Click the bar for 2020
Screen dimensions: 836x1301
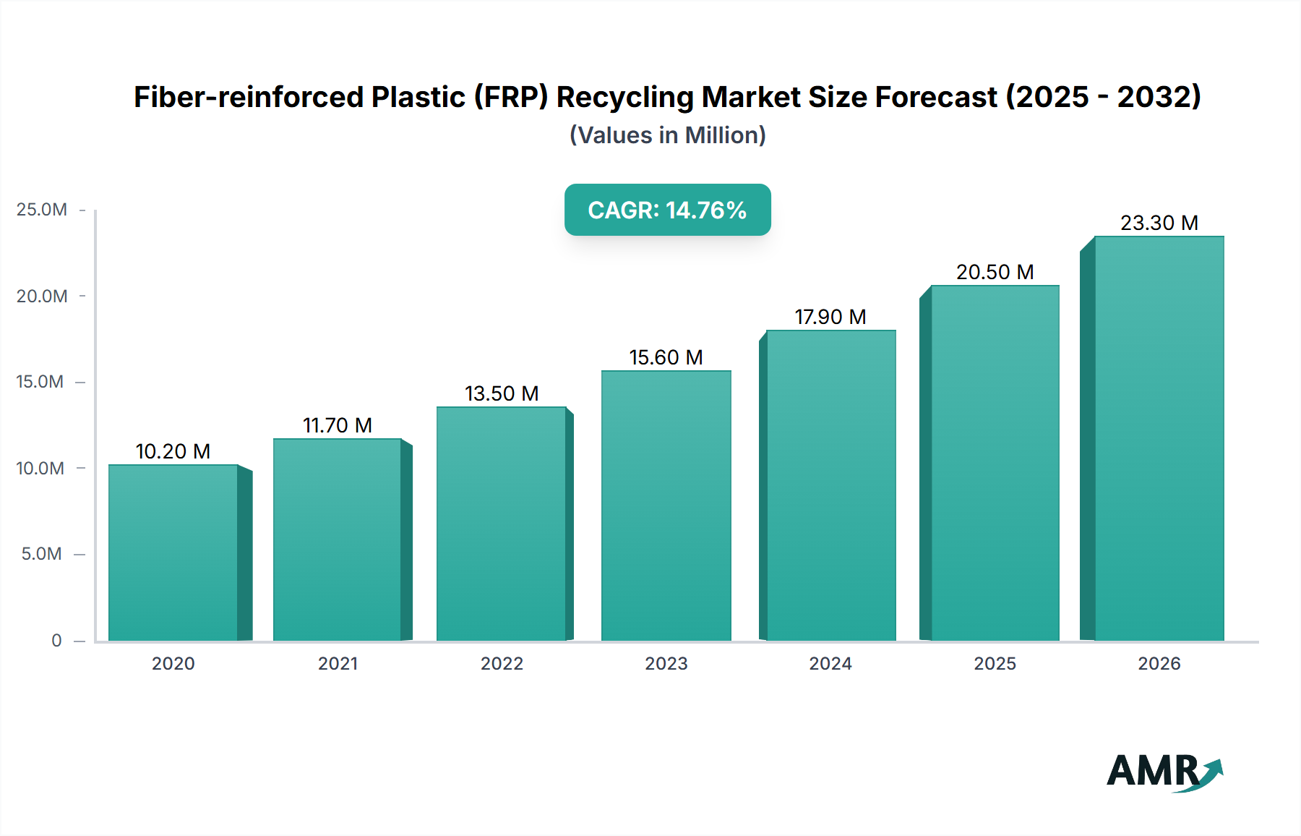click(x=173, y=553)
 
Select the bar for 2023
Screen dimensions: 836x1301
click(x=666, y=506)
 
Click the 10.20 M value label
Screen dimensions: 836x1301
click(x=173, y=451)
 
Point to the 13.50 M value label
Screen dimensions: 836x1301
click(x=502, y=393)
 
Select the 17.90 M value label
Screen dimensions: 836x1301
click(x=830, y=317)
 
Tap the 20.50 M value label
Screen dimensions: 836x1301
click(x=995, y=272)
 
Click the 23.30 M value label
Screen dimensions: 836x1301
click(x=1159, y=223)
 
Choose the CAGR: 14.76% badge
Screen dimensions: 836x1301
click(x=667, y=210)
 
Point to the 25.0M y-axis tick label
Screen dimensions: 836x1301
click(x=42, y=210)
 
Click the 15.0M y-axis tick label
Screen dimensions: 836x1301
click(x=40, y=382)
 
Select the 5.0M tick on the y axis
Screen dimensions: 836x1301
click(x=42, y=554)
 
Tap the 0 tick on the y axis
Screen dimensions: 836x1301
click(x=56, y=640)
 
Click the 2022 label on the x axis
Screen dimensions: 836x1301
click(x=502, y=663)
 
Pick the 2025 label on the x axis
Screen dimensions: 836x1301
click(x=995, y=663)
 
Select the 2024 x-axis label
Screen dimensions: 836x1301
click(x=830, y=663)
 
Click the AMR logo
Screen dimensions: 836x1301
click(x=1164, y=771)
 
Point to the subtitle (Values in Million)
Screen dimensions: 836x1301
click(x=667, y=135)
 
